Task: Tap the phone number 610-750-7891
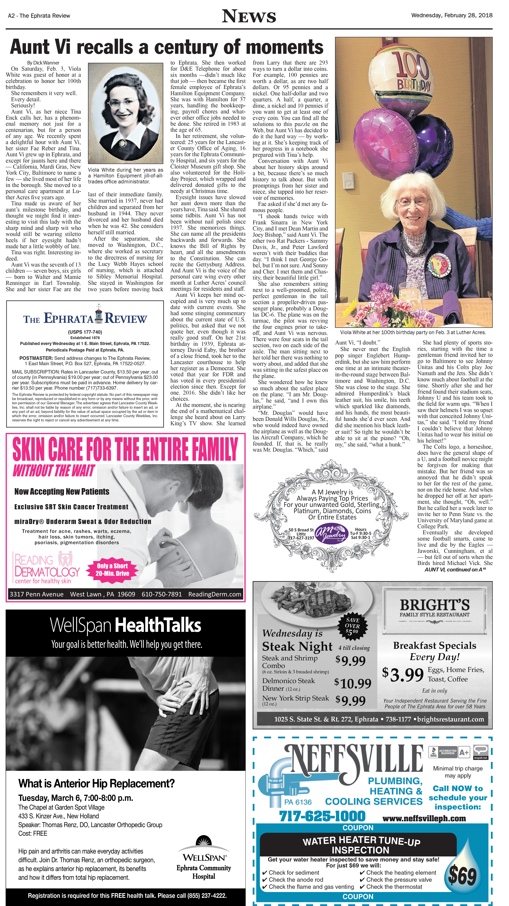(161, 594)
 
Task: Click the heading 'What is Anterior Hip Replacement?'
(96, 783)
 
